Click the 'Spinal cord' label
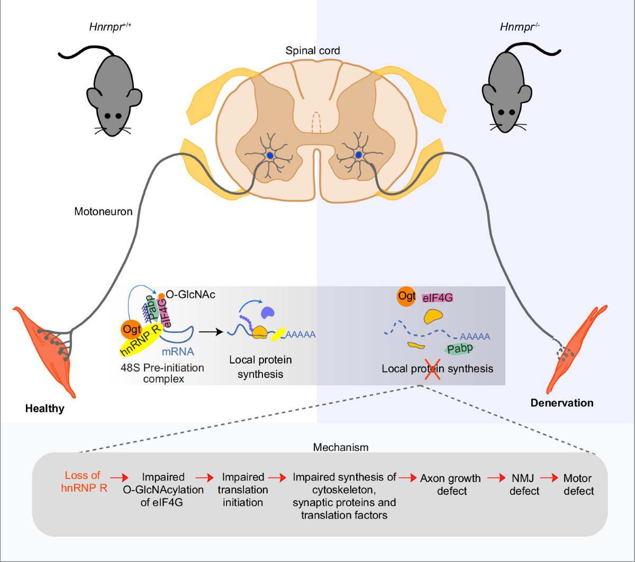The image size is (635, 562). tap(312, 51)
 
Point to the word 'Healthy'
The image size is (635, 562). tap(44, 409)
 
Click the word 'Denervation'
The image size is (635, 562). tap(561, 403)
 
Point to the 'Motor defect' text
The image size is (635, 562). tap(578, 485)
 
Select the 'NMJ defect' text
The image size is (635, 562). tap(524, 485)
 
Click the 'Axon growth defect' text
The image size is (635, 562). tap(450, 485)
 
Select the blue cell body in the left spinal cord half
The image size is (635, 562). tap(270, 156)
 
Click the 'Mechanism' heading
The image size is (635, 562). tap(340, 447)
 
